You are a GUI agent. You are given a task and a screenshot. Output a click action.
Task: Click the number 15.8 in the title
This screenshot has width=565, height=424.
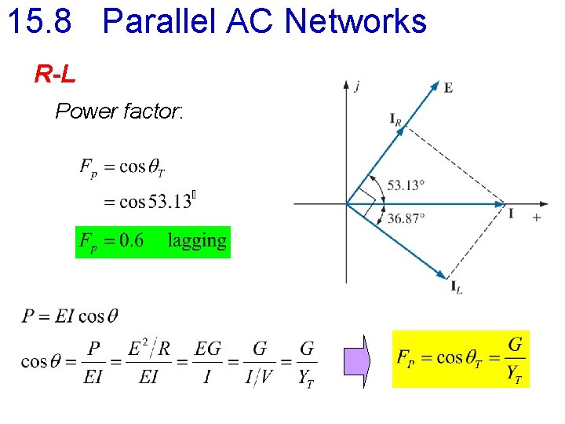[x=38, y=21]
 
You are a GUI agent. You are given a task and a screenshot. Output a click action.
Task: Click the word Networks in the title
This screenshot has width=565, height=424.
[x=355, y=21]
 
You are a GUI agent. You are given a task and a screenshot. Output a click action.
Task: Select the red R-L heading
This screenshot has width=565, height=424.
[x=55, y=75]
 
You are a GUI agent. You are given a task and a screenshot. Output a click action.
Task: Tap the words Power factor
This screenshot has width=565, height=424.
[x=118, y=111]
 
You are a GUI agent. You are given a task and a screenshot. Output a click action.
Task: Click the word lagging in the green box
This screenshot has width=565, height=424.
[x=197, y=241]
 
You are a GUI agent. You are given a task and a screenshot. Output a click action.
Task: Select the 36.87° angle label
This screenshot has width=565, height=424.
[x=406, y=218]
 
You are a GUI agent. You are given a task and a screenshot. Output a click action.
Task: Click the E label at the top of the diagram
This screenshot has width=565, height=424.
[x=448, y=88]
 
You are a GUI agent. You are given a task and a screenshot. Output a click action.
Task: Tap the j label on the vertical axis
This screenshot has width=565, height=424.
[x=358, y=86]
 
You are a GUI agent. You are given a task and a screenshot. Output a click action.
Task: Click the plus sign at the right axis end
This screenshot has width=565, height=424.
[x=537, y=217]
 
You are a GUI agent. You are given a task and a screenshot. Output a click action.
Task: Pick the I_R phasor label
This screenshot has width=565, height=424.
[x=395, y=119]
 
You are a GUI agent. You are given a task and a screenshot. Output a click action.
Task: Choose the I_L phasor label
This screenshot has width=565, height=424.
[x=456, y=287]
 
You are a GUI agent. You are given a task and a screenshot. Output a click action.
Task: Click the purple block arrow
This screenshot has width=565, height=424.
[x=354, y=360]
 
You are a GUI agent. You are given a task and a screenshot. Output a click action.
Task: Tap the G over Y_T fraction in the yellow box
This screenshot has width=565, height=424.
[x=515, y=360]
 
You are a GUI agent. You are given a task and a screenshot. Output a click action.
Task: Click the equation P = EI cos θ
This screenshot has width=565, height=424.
[x=71, y=316]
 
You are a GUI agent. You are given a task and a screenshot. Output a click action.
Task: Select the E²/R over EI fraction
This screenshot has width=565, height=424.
[x=148, y=362]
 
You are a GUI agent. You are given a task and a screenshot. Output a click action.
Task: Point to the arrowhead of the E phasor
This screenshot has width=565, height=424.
[x=435, y=86]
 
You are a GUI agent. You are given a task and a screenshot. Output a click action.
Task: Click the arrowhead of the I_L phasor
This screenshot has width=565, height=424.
[x=442, y=274]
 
